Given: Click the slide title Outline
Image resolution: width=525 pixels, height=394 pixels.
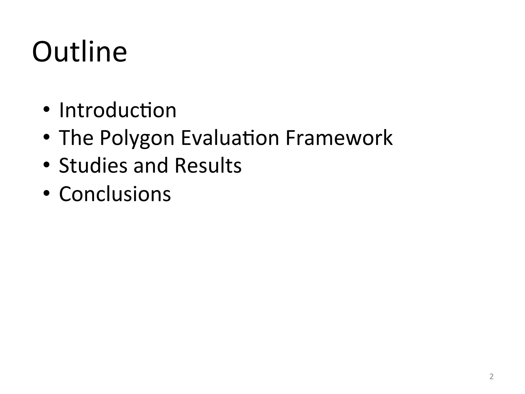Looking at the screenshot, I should point(79,52).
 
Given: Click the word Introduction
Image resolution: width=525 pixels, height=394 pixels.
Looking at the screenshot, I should point(118,110).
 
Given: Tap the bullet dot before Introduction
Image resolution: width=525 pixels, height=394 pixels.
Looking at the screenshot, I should point(46,110).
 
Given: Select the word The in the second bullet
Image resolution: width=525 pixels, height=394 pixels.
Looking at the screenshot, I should point(76,138).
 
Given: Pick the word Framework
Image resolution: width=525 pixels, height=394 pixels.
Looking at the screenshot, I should point(339,138).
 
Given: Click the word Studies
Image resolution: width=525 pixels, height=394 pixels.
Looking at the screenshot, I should point(93,165).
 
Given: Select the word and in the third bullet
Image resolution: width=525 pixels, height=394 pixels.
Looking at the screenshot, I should point(151,165).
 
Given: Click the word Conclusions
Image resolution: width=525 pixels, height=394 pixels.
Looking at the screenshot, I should point(115,194).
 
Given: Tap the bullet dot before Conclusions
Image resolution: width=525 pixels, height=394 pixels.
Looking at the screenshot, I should point(46,193).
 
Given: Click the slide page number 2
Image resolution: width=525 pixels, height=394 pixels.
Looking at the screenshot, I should point(491,377).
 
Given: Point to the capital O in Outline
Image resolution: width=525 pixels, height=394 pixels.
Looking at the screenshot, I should point(43,52).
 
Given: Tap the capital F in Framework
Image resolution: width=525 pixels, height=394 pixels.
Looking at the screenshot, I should point(291,138).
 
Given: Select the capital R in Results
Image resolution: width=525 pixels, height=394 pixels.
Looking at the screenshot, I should point(180,165).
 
